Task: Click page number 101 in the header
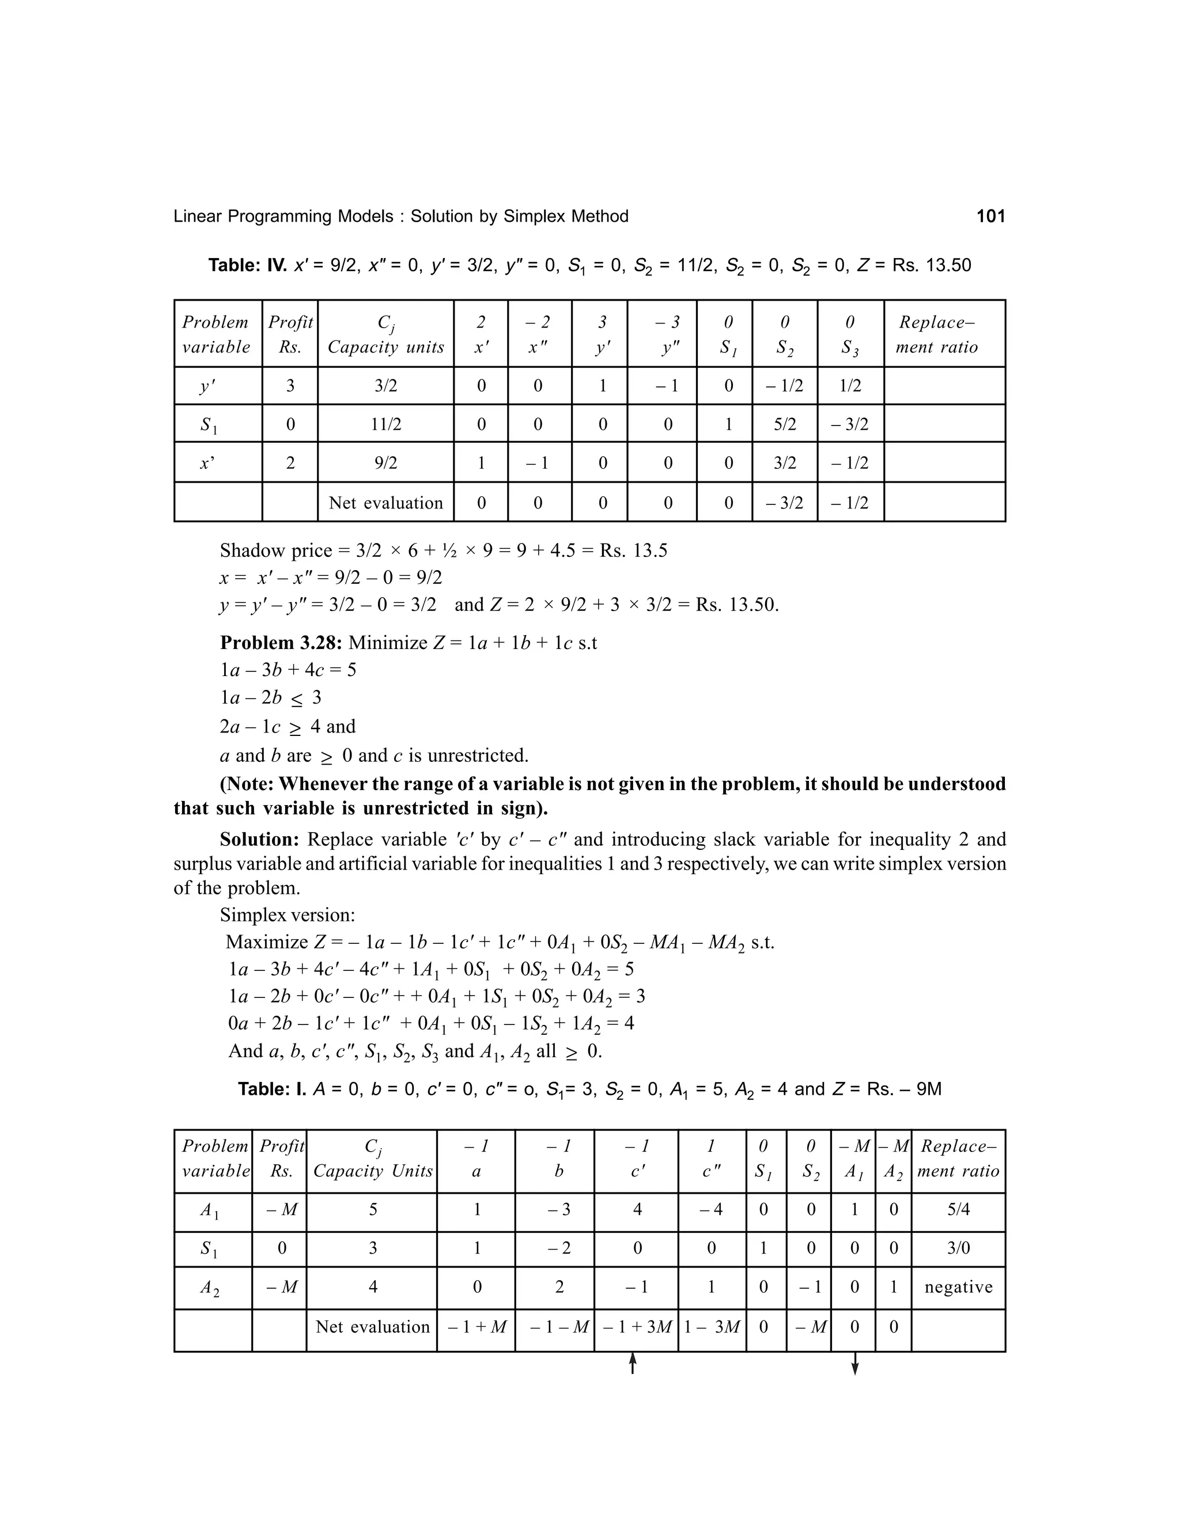(x=990, y=217)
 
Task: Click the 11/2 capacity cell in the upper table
(x=385, y=424)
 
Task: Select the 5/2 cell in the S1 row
(x=784, y=424)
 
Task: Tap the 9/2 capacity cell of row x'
(x=385, y=462)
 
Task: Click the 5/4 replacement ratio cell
(x=958, y=1209)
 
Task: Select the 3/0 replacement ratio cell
(x=958, y=1248)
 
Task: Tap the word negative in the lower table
(x=958, y=1287)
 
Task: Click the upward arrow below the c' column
(x=633, y=1362)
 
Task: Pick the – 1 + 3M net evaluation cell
(x=636, y=1327)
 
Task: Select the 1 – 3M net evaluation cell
(x=712, y=1327)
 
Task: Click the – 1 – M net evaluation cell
(x=554, y=1327)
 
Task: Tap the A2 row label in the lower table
(x=210, y=1288)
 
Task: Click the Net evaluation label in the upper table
(x=385, y=503)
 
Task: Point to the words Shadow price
(x=275, y=551)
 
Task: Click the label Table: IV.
(x=247, y=265)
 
